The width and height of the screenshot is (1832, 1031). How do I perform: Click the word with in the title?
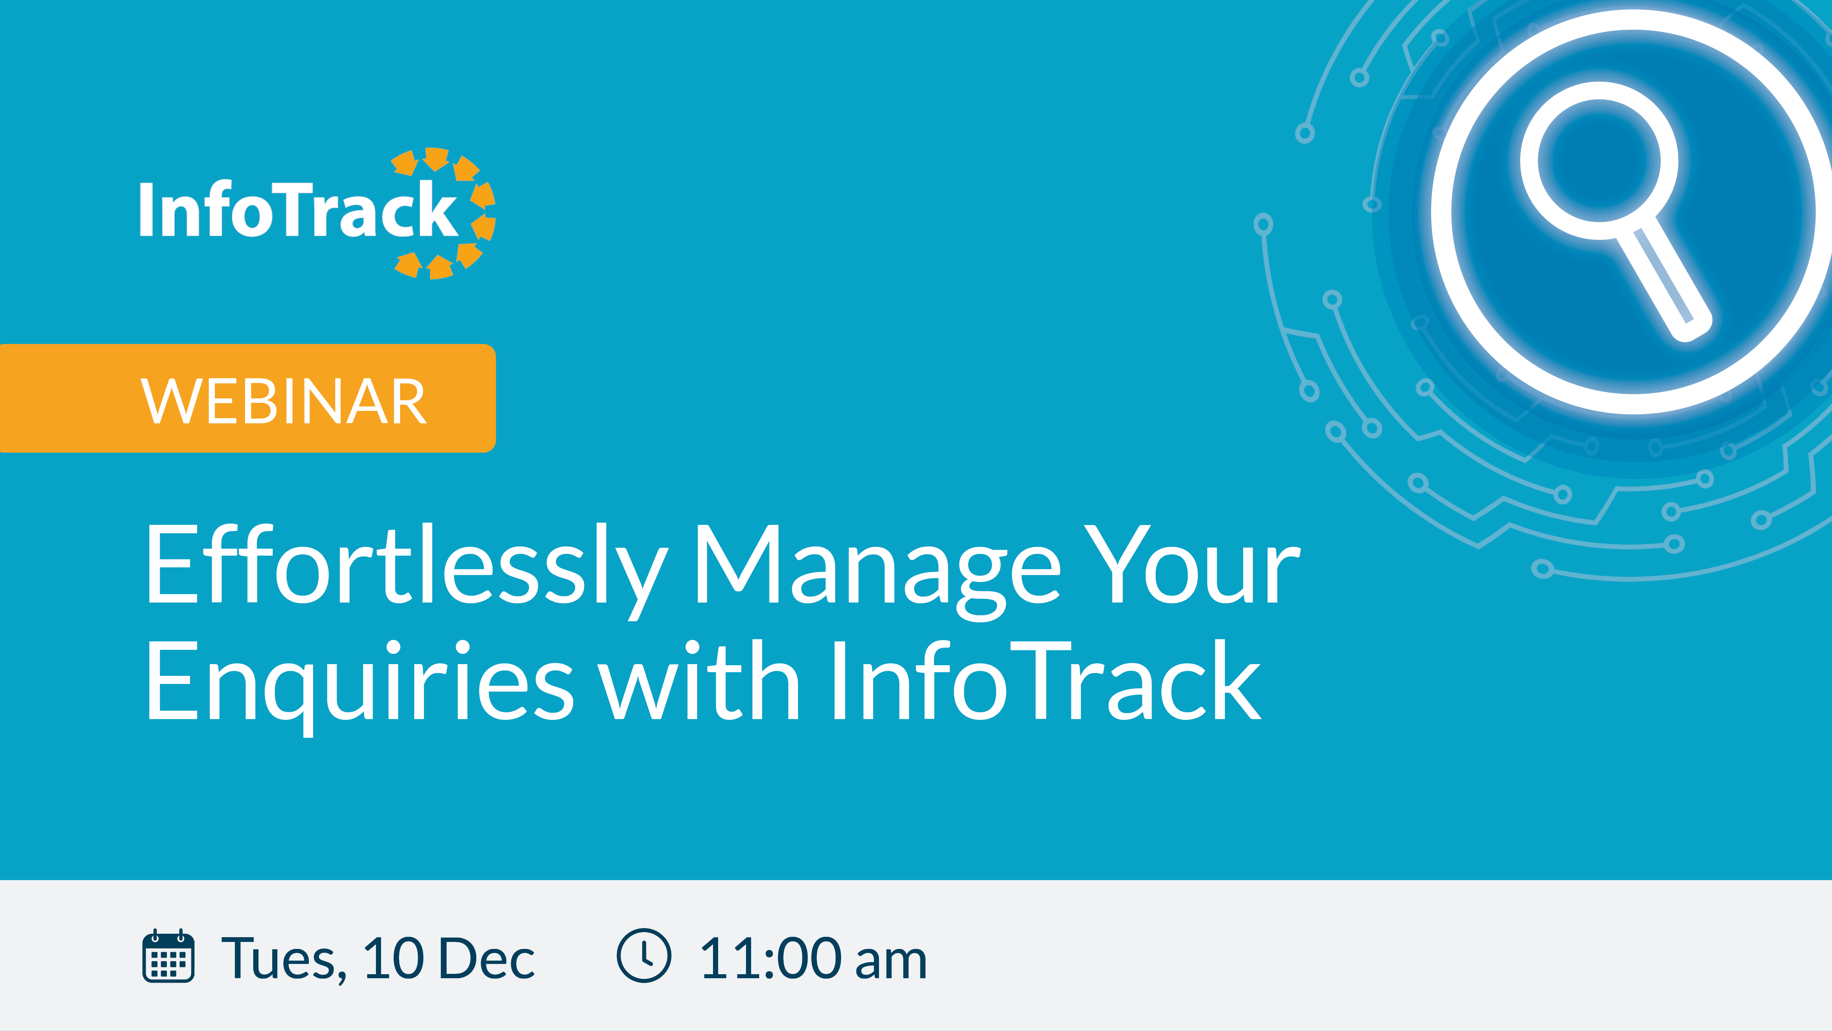click(x=701, y=680)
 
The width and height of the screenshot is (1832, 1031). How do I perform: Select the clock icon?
click(x=644, y=955)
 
